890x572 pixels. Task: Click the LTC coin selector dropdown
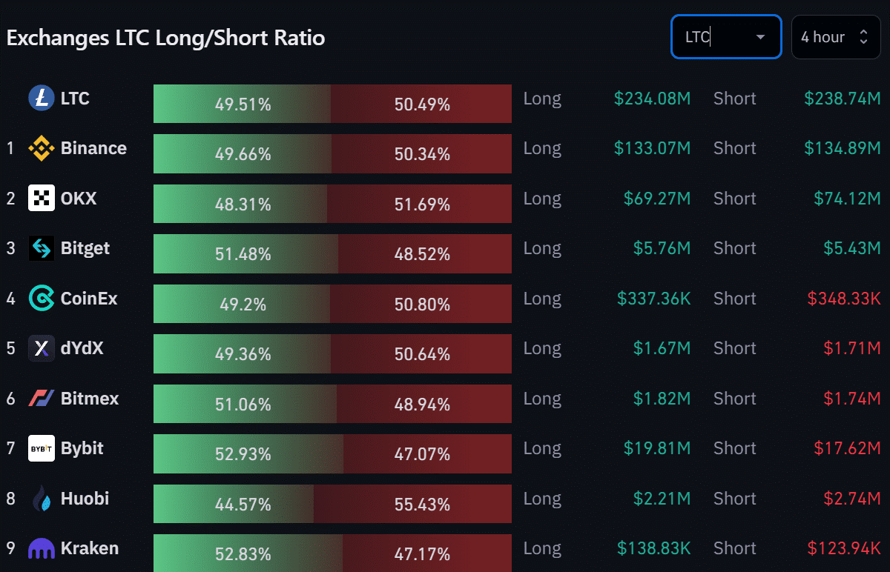(x=725, y=37)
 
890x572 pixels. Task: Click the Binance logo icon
(x=42, y=149)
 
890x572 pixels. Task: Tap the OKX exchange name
(x=79, y=199)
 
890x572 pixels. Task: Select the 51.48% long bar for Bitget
(x=245, y=254)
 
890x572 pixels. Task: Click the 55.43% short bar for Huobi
(x=413, y=505)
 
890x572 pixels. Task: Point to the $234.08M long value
(x=652, y=99)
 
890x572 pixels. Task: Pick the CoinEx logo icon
(x=42, y=299)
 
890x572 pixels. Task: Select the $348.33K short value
(x=844, y=299)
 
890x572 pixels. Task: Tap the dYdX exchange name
(x=82, y=348)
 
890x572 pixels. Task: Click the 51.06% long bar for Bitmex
(x=245, y=405)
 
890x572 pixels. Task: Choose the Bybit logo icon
(x=42, y=448)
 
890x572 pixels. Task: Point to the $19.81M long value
(x=662, y=448)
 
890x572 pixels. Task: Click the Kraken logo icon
(x=42, y=549)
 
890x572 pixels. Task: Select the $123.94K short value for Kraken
(x=844, y=549)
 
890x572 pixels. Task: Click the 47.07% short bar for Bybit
(x=428, y=454)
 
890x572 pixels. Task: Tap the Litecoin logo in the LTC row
(x=42, y=99)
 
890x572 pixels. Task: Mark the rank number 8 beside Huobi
(x=10, y=499)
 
